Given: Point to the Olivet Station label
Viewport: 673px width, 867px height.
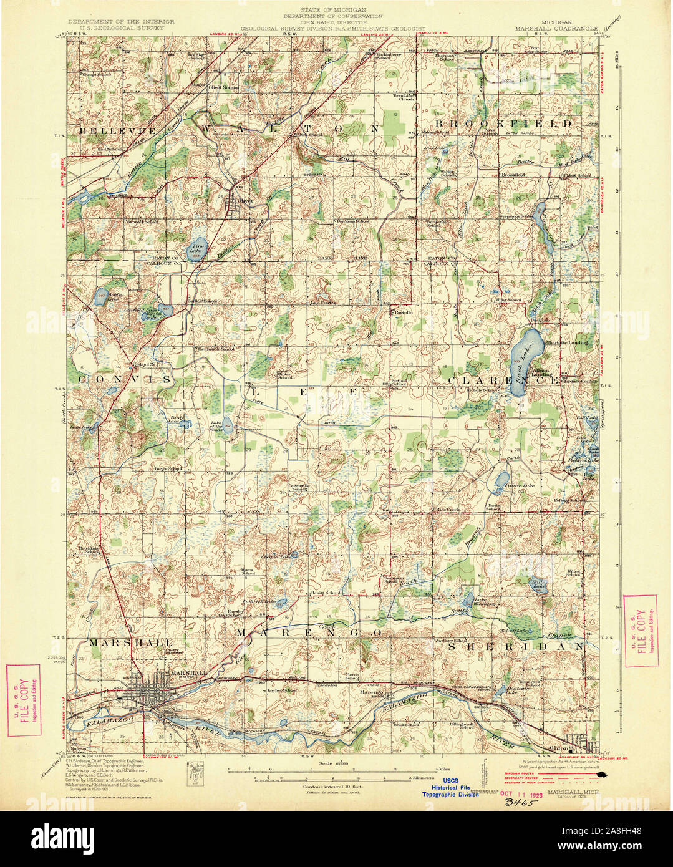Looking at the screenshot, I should tap(223, 87).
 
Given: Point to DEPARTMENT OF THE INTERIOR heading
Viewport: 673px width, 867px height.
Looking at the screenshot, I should tap(121, 21).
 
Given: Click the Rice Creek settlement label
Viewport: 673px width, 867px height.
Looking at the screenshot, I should tap(447, 510).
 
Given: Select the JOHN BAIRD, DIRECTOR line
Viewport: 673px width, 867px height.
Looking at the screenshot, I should tap(332, 22).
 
